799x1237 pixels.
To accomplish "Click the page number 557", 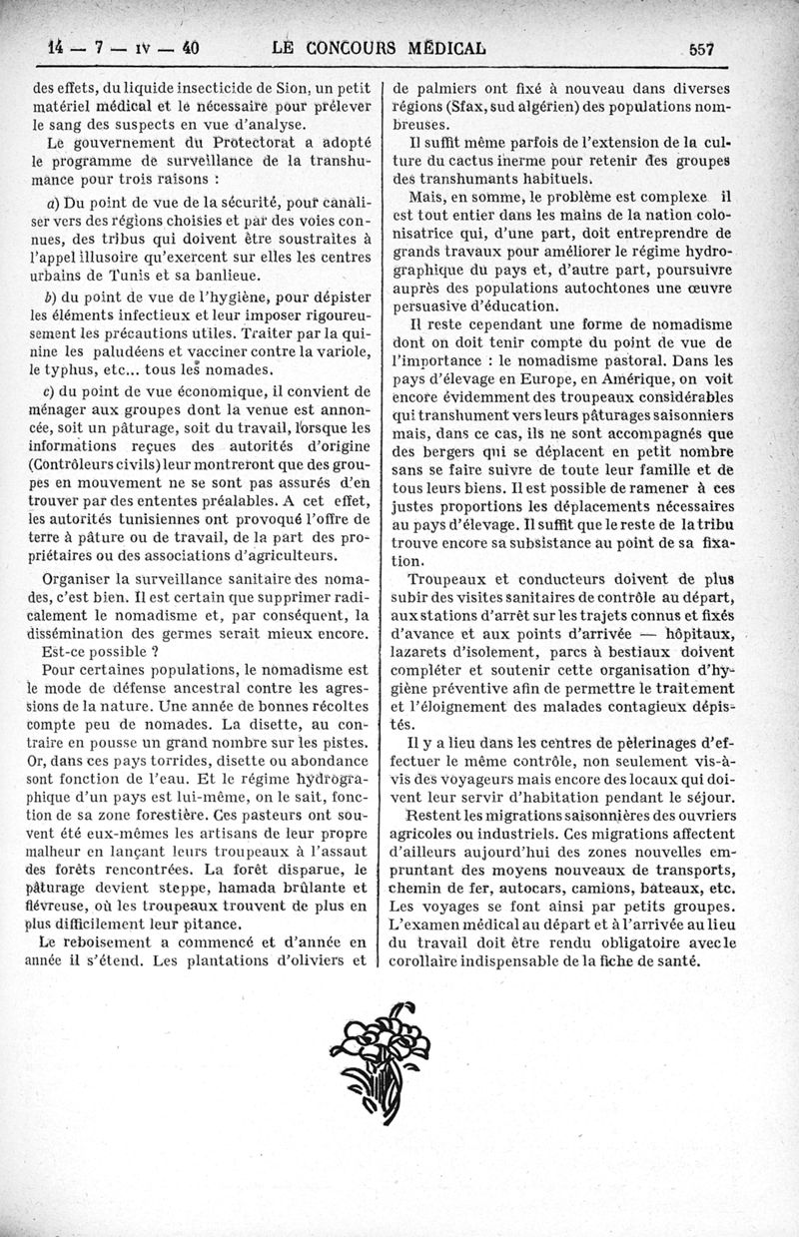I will coord(705,47).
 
